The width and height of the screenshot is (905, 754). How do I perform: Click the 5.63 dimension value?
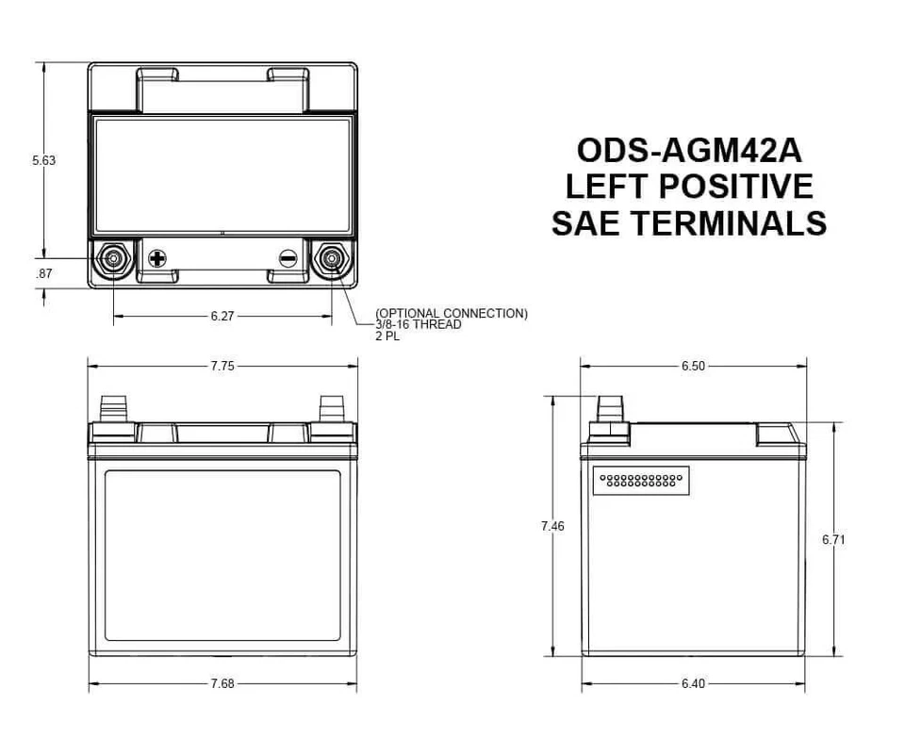tap(43, 160)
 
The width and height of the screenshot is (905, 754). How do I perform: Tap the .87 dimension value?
tap(43, 273)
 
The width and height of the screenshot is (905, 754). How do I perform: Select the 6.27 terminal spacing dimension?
tap(222, 317)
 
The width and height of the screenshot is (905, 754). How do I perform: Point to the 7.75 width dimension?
tap(222, 367)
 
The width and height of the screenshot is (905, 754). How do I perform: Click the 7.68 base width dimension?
tap(222, 683)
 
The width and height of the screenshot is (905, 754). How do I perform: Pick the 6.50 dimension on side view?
tap(693, 367)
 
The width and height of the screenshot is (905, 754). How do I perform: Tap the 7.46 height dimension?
tap(552, 526)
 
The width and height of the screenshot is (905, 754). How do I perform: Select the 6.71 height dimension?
tap(833, 539)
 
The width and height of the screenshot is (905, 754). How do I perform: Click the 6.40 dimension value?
tap(693, 683)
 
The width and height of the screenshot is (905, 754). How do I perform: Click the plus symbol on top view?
tap(157, 257)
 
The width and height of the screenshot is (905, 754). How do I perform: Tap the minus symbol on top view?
tap(288, 257)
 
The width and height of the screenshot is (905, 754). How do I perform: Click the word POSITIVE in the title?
tap(735, 187)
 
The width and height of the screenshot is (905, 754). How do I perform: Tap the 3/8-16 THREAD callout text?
tap(419, 325)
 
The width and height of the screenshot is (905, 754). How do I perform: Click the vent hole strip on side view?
tap(641, 480)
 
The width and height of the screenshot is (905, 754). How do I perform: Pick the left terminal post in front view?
tap(115, 409)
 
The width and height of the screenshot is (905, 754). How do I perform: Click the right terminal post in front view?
tap(331, 409)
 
